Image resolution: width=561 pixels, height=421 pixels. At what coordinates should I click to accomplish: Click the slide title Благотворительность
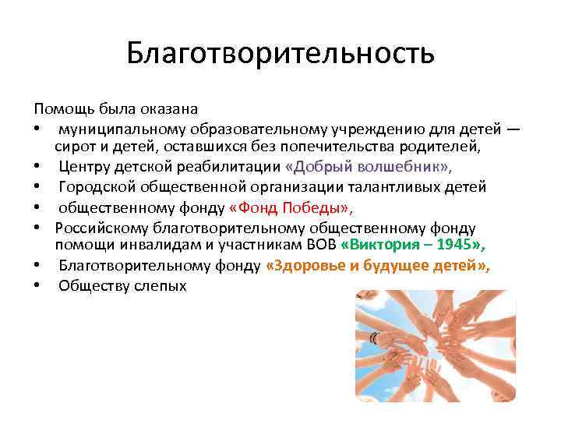(280, 55)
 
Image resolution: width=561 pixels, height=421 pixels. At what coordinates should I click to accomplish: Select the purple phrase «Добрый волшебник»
(368, 167)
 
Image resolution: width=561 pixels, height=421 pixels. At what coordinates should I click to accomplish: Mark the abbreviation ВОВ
(321, 246)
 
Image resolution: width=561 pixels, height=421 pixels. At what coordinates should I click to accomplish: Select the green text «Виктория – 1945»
(413, 246)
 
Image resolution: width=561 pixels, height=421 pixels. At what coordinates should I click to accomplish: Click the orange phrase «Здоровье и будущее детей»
(378, 266)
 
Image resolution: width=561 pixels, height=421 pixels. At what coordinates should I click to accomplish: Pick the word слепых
(159, 286)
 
